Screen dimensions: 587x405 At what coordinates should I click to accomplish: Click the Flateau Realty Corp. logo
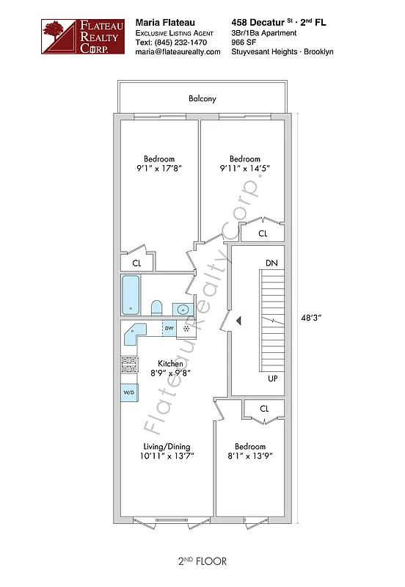[75, 37]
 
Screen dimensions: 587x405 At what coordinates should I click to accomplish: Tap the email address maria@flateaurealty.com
[178, 52]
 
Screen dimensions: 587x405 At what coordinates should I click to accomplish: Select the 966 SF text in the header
[245, 43]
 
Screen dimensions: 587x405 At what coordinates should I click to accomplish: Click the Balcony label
[202, 99]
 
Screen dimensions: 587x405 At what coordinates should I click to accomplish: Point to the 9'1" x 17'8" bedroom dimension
[158, 169]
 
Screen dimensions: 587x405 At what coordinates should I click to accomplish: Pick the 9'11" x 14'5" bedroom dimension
[244, 169]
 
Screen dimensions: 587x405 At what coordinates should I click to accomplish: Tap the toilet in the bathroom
[156, 307]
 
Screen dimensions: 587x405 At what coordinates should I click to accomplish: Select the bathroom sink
[181, 308]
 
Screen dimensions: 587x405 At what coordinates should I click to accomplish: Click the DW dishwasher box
[169, 328]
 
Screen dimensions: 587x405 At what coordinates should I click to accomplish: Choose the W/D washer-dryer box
[129, 393]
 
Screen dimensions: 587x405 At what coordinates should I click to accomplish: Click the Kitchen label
[171, 364]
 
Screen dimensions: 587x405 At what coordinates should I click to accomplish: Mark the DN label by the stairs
[271, 263]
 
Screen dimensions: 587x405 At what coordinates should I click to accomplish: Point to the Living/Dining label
[167, 447]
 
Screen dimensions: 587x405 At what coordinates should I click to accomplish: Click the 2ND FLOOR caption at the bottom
[202, 561]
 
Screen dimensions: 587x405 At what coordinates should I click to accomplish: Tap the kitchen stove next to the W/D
[129, 365]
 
